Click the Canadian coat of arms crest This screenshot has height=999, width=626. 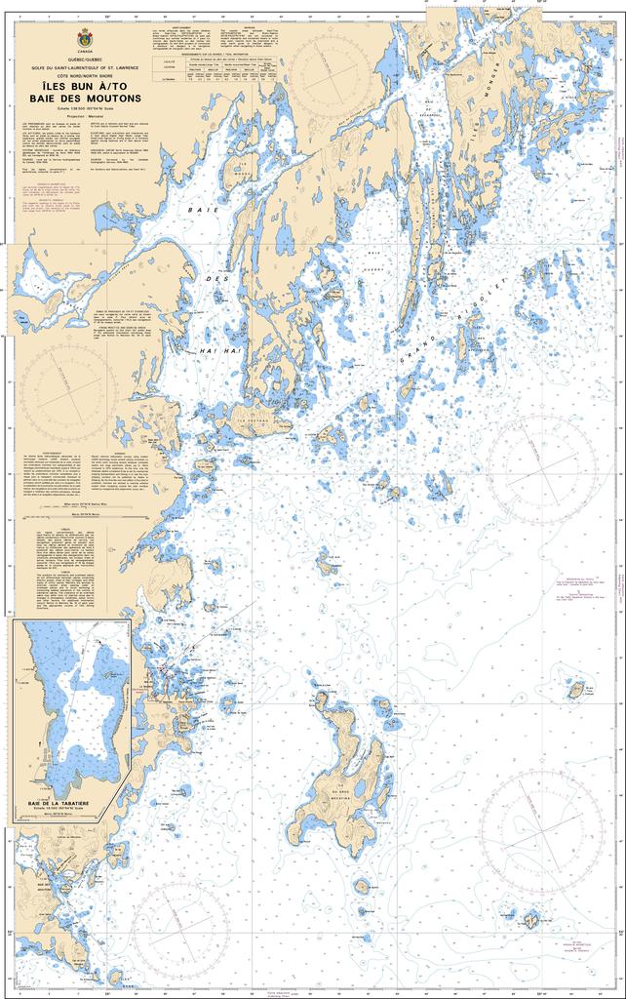pos(80,40)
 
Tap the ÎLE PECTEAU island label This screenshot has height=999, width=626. pos(253,421)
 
